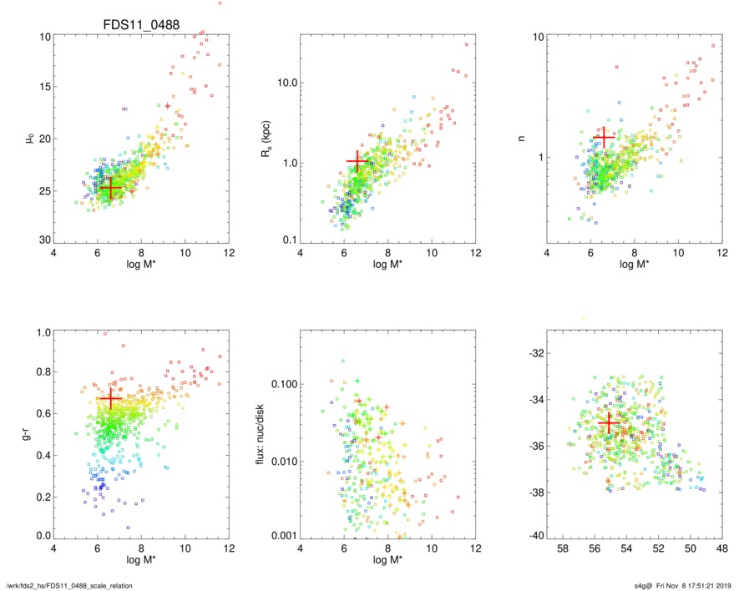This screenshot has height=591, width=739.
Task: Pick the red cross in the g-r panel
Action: pos(110,400)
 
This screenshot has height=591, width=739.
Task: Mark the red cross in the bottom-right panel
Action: pos(608,424)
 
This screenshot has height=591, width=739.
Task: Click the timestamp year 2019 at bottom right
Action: pos(722,584)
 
